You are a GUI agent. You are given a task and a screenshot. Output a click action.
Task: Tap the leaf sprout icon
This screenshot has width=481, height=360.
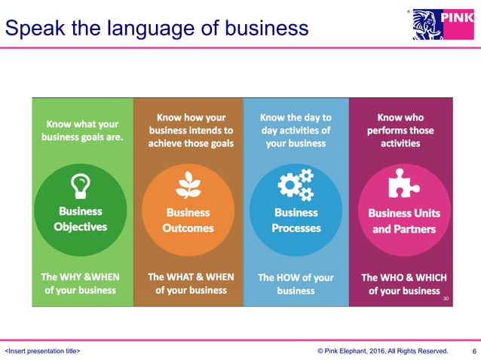click(188, 185)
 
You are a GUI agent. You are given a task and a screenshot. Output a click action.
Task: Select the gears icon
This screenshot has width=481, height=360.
click(296, 185)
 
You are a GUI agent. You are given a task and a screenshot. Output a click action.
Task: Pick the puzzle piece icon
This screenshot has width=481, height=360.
click(403, 184)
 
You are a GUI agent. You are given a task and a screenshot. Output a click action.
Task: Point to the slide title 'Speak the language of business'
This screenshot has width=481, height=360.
click(157, 28)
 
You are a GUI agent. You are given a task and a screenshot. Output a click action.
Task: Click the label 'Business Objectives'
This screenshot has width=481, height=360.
click(80, 218)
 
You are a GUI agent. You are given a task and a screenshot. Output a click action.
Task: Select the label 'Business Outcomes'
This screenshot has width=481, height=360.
click(188, 220)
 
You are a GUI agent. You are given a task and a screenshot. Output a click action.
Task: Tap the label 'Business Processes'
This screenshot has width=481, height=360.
click(296, 220)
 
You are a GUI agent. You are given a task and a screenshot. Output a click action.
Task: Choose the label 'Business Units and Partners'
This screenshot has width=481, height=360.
click(404, 221)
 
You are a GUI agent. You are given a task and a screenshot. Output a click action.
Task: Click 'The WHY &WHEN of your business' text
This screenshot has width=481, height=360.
click(81, 283)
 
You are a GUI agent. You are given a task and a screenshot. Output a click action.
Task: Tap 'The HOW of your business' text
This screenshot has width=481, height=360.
click(296, 284)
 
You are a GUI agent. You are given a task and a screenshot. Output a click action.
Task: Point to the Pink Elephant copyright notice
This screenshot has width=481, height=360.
click(382, 351)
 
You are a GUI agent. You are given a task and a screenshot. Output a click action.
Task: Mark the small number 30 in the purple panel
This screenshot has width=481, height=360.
click(446, 298)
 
